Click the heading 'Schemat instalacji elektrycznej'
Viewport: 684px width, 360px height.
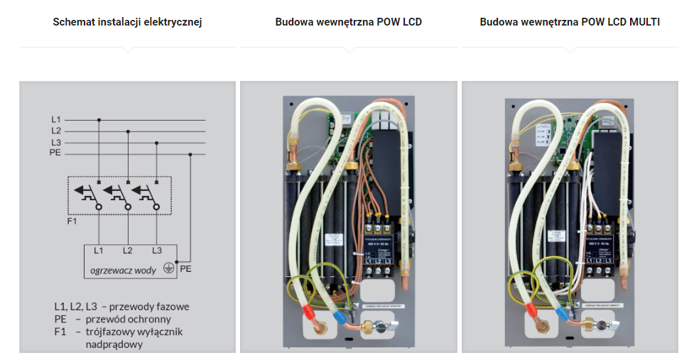point(127,22)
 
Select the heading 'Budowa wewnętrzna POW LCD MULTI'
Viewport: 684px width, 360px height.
point(570,22)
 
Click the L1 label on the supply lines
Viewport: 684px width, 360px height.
point(56,119)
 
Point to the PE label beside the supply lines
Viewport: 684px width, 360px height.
point(55,153)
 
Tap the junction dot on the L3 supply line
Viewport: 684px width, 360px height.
point(156,143)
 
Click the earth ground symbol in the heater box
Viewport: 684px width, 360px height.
point(168,268)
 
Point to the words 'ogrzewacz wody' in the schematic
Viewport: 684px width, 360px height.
point(123,271)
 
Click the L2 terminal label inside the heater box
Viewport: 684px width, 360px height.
point(127,251)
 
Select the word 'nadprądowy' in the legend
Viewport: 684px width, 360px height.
point(114,344)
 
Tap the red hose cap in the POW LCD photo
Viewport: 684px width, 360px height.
point(310,312)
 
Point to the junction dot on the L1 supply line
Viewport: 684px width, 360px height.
point(99,120)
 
